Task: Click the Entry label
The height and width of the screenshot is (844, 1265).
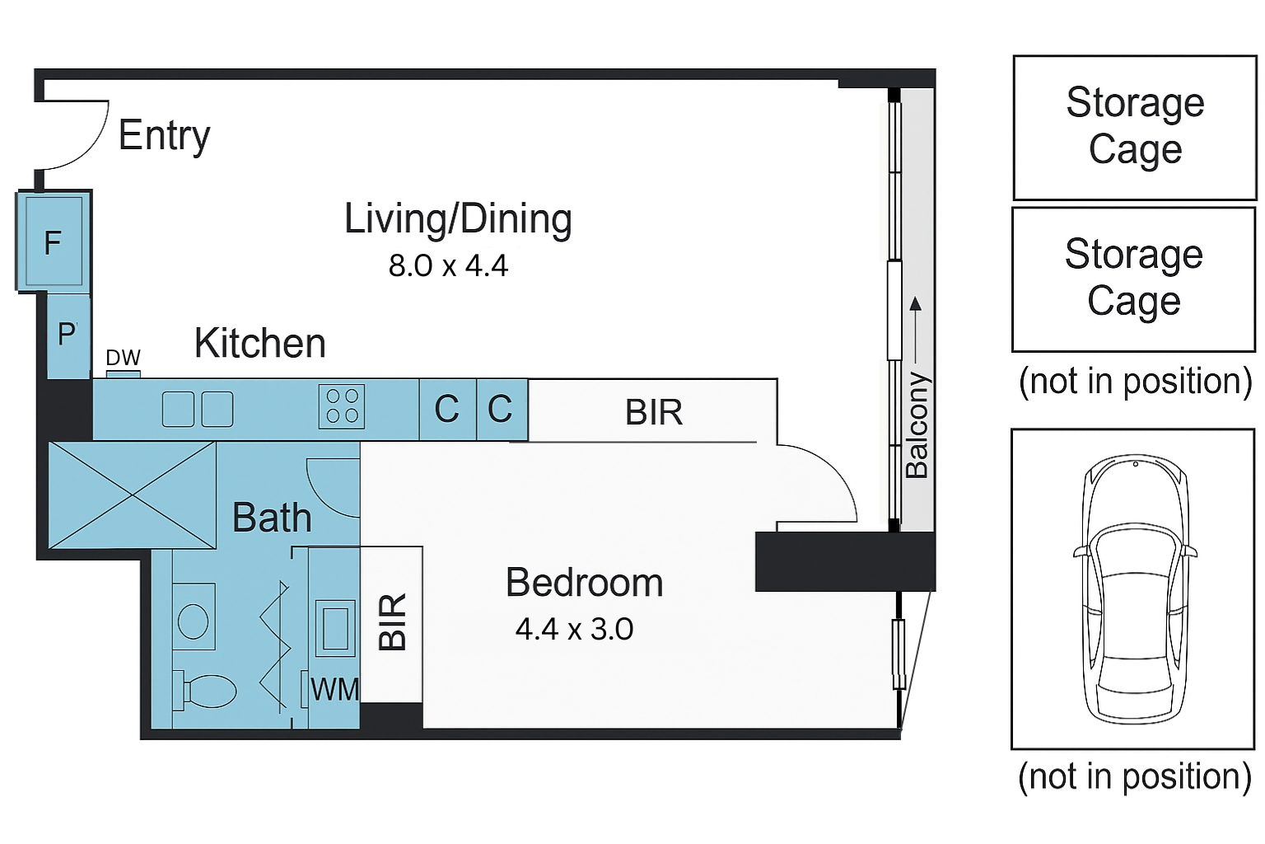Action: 165,136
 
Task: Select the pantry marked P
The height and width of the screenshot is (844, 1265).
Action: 68,335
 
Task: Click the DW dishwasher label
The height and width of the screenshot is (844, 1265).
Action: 123,357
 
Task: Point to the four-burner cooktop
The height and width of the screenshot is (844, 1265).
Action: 342,406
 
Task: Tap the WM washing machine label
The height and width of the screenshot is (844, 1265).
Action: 334,689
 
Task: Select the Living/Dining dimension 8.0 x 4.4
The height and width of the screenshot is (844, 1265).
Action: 448,265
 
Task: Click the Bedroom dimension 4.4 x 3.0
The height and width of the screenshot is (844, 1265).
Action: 574,629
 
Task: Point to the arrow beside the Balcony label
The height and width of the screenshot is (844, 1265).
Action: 916,331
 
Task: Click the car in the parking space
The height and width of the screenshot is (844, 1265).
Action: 1135,589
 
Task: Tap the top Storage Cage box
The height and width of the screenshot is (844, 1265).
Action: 1135,127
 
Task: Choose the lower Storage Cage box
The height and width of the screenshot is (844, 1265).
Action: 1134,279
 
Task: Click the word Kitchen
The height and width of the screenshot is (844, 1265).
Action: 259,343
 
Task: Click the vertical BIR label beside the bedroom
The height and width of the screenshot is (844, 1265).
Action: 392,621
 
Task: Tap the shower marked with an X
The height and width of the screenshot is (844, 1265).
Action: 132,495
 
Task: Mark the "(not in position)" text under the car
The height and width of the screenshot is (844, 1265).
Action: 1135,776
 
